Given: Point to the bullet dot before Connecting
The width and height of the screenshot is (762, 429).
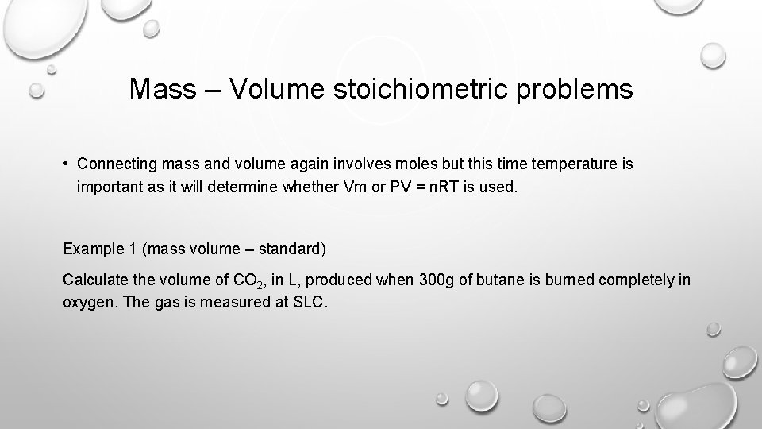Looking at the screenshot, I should click(x=67, y=164).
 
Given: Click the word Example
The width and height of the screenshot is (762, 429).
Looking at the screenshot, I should click(x=92, y=249).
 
